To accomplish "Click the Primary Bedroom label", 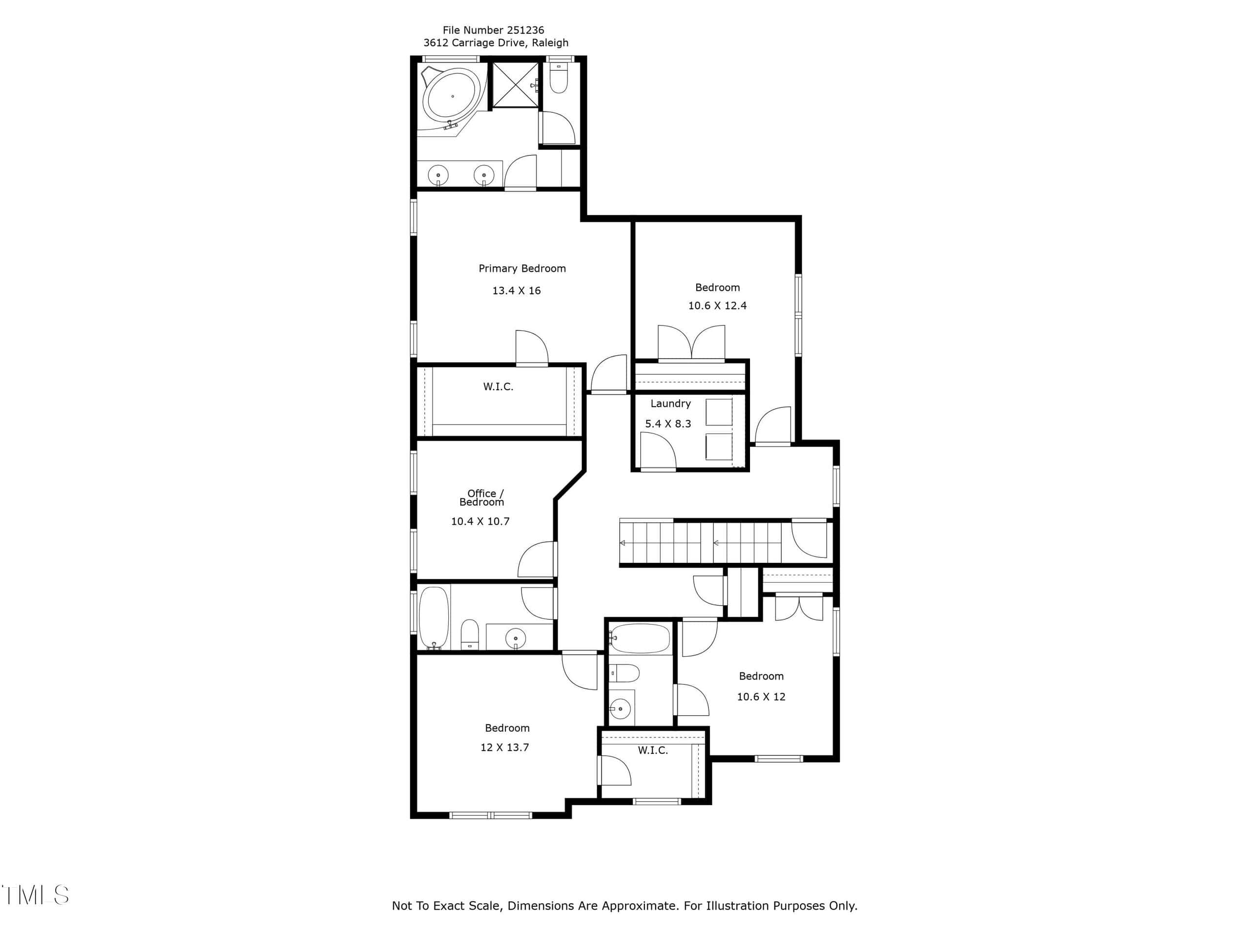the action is pos(521,269).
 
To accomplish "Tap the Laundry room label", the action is pos(670,404).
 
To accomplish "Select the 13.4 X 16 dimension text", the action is pos(516,291).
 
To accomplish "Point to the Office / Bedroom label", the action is pos(481,497).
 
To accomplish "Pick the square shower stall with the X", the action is pos(515,85).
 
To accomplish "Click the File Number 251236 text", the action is pos(493,30).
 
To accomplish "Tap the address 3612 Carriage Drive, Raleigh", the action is pos(496,43).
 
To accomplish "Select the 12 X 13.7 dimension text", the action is pos(504,747).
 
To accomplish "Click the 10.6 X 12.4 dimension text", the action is pos(717,306).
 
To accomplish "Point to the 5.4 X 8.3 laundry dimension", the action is pos(668,424).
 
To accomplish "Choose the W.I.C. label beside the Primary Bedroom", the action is pos(498,387).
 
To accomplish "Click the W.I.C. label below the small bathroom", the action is pos(653,750).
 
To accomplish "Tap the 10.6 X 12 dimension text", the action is pos(761,697).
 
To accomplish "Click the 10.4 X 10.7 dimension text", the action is pos(480,521).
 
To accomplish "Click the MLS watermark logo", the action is pos(35,895).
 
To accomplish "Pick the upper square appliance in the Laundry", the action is pos(719,412).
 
